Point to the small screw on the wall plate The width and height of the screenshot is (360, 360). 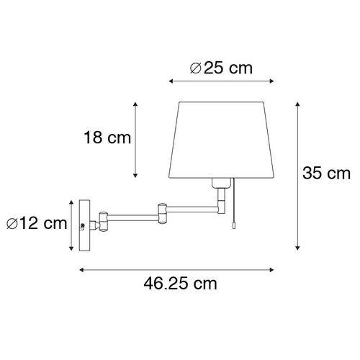point(84,226)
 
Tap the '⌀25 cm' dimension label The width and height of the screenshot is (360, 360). point(221,68)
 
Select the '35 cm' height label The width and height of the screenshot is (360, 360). point(325,173)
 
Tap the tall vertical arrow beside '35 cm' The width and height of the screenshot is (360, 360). point(297,175)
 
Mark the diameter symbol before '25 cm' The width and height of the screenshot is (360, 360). point(194,68)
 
